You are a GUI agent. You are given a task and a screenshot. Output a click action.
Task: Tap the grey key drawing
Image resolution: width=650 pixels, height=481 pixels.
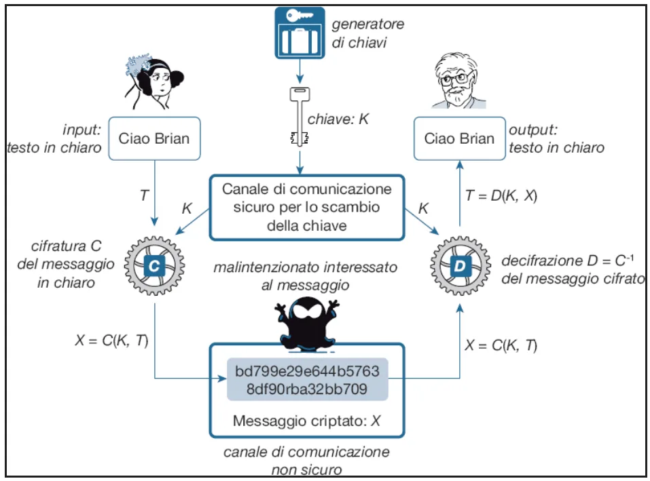tap(297, 115)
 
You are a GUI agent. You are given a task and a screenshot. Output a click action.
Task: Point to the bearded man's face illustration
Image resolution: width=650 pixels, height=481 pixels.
tap(459, 84)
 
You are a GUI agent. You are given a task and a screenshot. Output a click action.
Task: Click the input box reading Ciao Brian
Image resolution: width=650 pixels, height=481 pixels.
tap(154, 139)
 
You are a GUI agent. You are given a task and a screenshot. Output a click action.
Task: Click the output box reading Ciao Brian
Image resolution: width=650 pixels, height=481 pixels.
tap(459, 139)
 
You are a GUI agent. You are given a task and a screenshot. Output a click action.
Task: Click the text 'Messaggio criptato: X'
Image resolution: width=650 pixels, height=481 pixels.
tap(307, 421)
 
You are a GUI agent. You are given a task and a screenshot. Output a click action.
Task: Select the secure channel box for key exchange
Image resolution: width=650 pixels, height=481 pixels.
tap(306, 208)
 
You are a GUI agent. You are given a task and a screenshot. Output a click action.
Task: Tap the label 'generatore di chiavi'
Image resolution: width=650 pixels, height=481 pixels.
tap(367, 33)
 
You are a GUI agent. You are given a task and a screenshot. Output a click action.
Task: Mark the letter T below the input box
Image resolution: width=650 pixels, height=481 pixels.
tap(144, 195)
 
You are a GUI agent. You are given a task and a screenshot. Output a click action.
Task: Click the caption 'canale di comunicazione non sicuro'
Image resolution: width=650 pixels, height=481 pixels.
tap(306, 460)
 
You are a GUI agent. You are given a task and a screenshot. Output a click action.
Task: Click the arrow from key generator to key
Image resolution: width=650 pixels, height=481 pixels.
tap(297, 71)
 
